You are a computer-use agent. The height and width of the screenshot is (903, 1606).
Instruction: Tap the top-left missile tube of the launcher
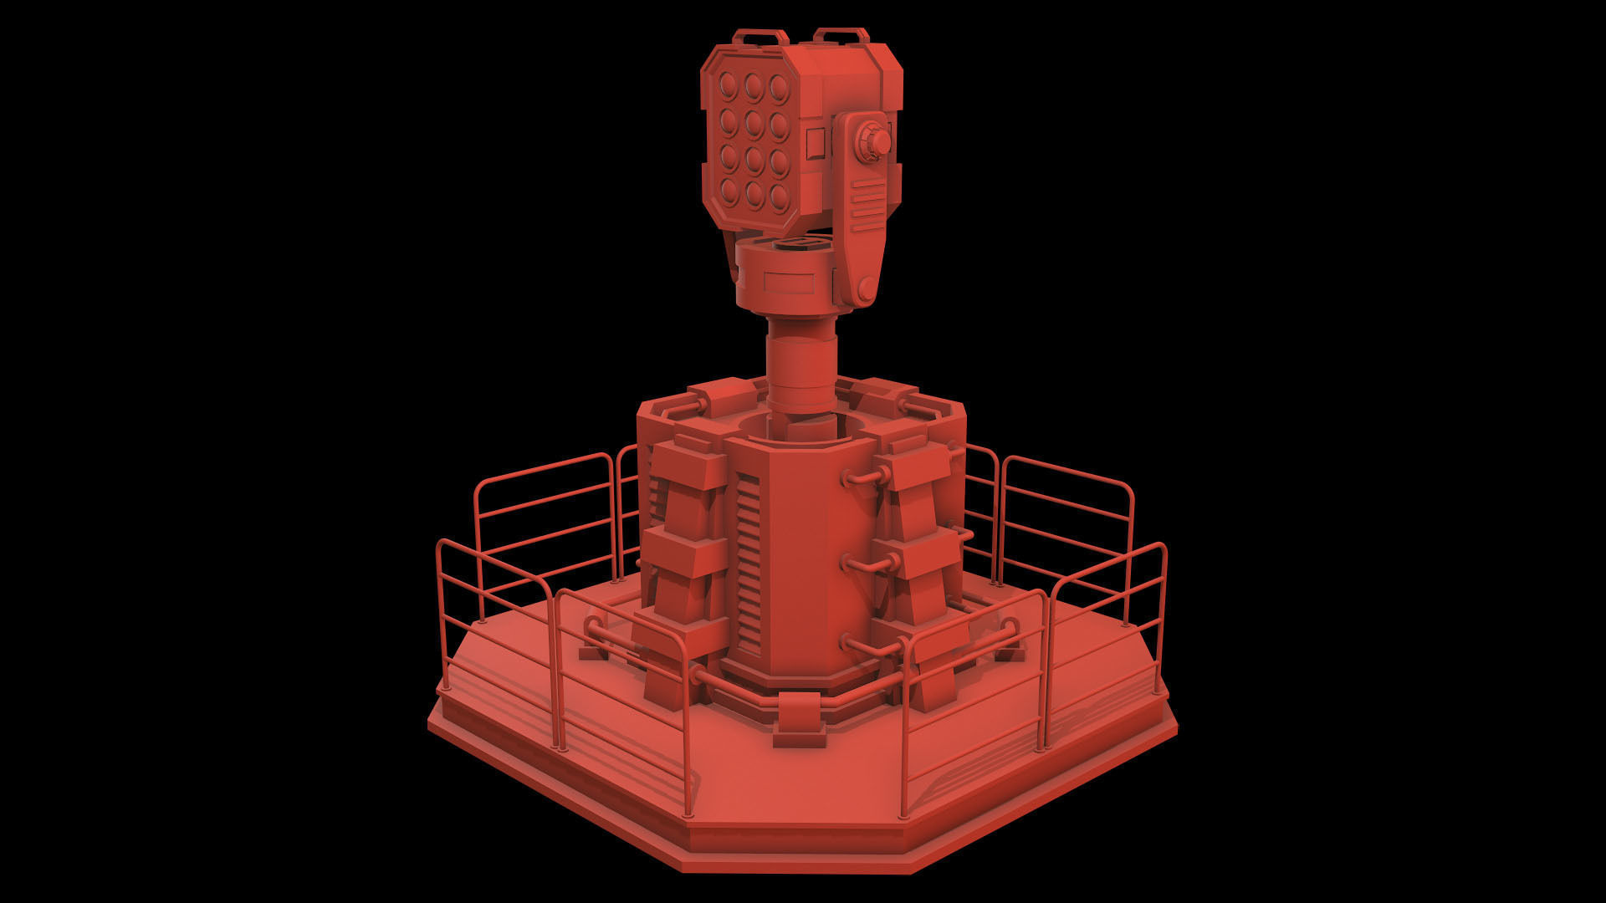(x=728, y=84)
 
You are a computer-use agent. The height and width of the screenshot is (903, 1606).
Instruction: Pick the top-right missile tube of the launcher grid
(x=779, y=86)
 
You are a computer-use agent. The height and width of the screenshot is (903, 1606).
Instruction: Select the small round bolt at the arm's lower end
(x=865, y=290)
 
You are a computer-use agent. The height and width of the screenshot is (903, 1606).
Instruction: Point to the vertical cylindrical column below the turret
(x=801, y=368)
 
